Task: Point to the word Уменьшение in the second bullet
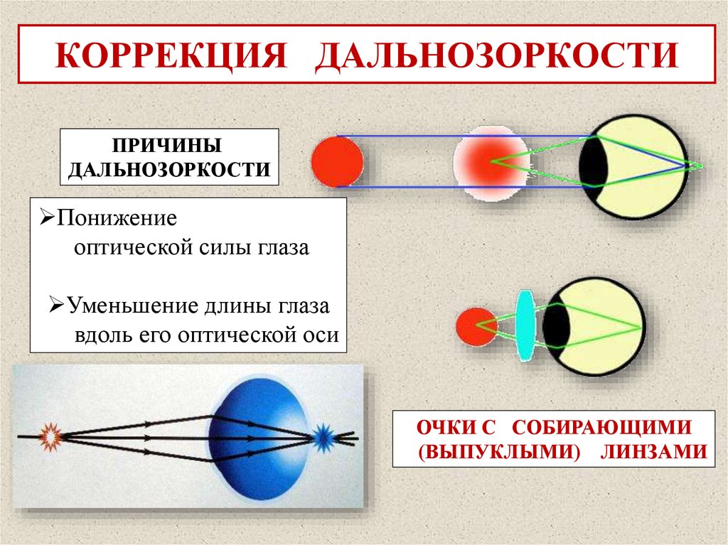click(125, 306)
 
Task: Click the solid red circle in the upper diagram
click(337, 162)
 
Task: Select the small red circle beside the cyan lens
click(476, 326)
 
